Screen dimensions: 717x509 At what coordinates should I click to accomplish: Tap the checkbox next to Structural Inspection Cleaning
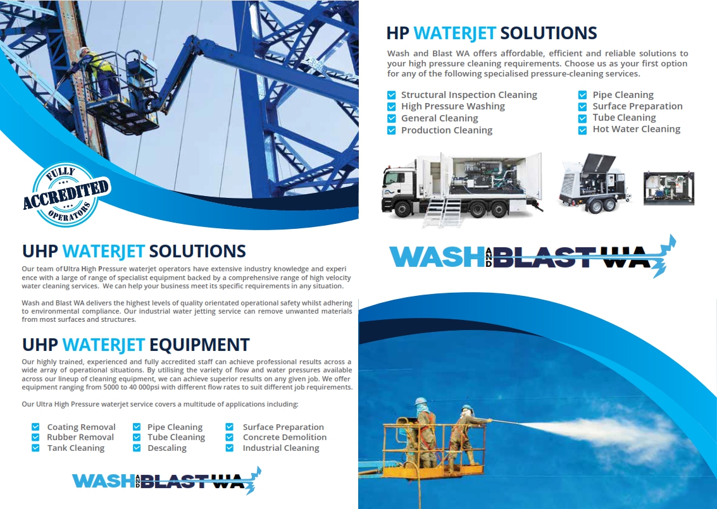click(392, 95)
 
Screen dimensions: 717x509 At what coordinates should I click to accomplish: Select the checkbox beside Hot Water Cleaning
click(582, 130)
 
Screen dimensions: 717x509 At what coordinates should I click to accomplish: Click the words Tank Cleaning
click(76, 448)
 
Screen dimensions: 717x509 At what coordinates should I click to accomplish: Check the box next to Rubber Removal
click(35, 438)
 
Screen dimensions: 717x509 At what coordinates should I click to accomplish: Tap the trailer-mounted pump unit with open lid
click(593, 183)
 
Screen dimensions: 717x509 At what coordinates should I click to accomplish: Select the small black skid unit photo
click(668, 188)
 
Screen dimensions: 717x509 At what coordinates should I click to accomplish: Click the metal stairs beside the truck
click(440, 212)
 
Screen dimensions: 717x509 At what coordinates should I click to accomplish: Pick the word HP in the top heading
click(397, 34)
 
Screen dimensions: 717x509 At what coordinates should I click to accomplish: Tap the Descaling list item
click(167, 448)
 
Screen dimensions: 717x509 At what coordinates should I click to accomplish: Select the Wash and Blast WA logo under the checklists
click(166, 481)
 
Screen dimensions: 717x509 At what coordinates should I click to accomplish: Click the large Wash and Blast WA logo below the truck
click(532, 256)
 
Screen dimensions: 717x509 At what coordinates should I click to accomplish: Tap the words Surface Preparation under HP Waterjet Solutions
click(637, 106)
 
